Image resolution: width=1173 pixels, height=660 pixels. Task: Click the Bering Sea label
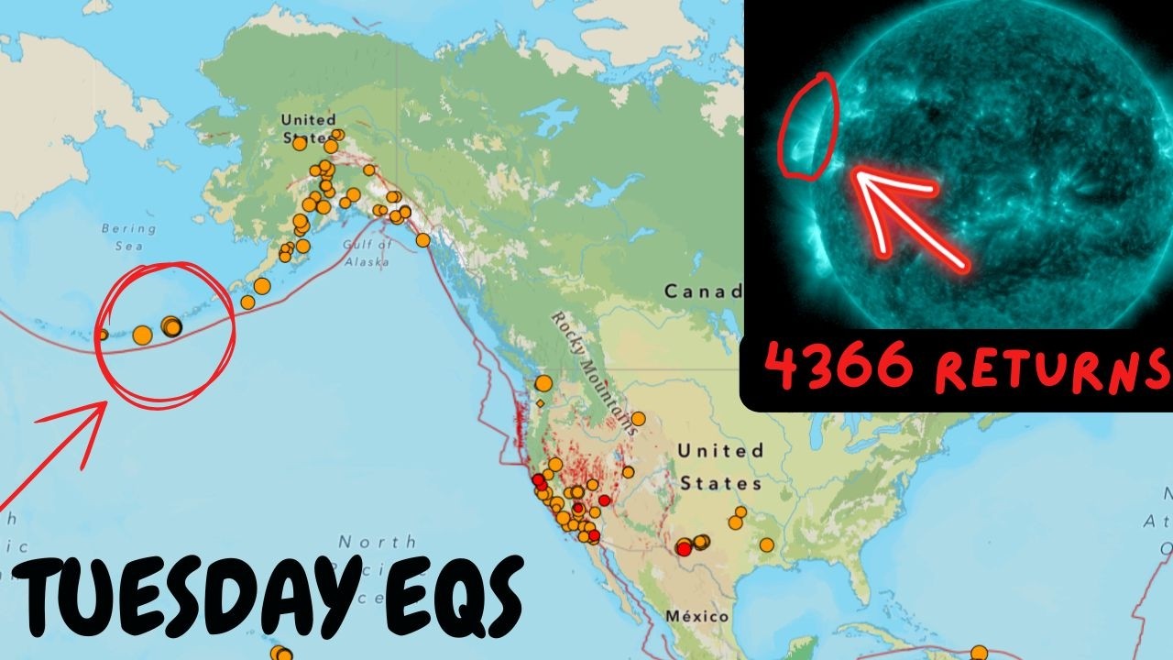[129, 236]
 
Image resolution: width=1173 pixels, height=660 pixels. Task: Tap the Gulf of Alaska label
[367, 253]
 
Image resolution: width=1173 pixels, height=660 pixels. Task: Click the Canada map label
[702, 291]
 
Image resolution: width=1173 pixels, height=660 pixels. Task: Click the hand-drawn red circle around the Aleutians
[166, 335]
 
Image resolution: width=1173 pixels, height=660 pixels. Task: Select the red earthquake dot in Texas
[684, 548]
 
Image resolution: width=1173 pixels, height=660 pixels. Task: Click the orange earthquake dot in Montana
[638, 419]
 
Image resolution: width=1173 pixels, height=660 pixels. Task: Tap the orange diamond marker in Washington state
[541, 402]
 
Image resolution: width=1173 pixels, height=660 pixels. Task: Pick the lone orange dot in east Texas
[766, 545]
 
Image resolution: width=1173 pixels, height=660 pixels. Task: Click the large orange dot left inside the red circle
[142, 335]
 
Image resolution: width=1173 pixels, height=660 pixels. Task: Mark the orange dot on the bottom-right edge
[979, 653]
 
